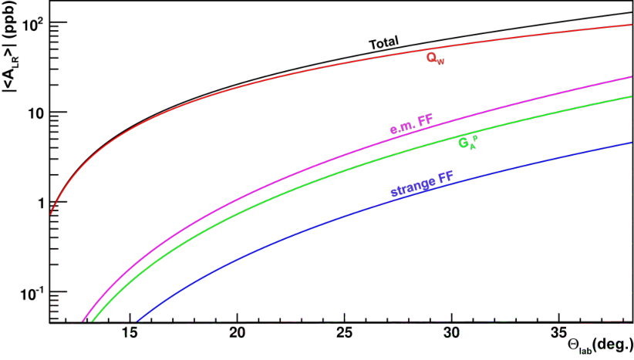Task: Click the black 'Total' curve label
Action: (x=383, y=42)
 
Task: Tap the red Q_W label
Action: (x=436, y=59)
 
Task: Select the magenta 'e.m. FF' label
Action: (x=411, y=123)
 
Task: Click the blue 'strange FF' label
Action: (x=422, y=183)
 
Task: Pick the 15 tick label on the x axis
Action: (x=130, y=333)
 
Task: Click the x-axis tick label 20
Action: (x=237, y=333)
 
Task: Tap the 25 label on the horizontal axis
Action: (x=344, y=333)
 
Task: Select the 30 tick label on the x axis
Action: (x=451, y=333)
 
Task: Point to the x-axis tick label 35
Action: (x=558, y=333)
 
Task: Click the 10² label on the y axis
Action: (x=33, y=24)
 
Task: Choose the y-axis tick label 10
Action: (x=36, y=113)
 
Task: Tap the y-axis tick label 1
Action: (x=41, y=203)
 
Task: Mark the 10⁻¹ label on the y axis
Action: (x=32, y=294)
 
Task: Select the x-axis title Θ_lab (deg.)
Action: (x=600, y=346)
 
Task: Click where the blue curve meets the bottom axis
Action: (x=137, y=322)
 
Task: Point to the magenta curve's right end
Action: (x=632, y=77)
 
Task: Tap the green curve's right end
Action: (x=632, y=96)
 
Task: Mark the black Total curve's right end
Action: (x=632, y=13)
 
